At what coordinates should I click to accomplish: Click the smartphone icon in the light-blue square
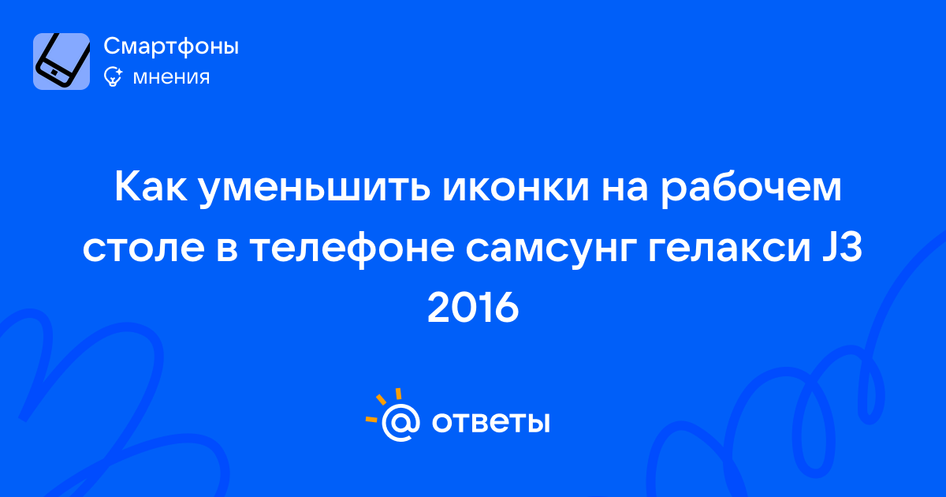61,62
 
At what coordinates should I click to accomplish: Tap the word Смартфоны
171,46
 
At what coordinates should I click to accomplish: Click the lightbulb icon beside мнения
114,77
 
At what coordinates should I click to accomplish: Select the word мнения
171,77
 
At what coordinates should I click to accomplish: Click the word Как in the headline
151,187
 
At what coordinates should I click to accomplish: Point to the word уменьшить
315,189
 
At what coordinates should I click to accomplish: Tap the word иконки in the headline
516,187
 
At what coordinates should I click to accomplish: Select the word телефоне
352,249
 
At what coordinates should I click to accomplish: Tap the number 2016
473,308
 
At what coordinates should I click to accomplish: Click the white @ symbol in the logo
400,423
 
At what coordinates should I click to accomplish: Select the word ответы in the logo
490,422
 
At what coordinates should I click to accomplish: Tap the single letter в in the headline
227,251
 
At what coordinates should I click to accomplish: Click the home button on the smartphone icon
54,73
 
